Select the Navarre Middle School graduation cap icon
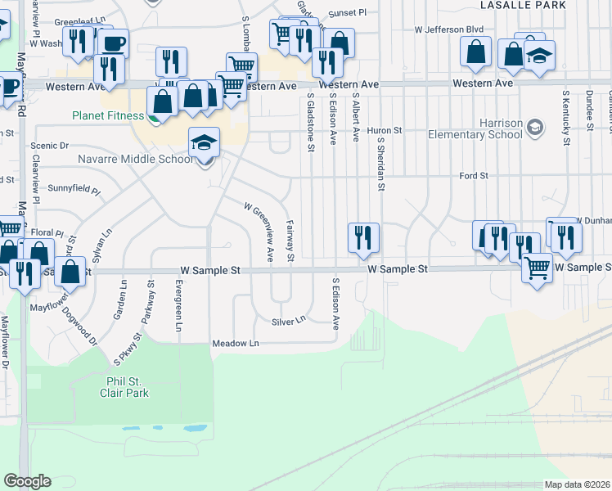[x=203, y=143]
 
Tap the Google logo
[x=26, y=481]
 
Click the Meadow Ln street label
[x=235, y=343]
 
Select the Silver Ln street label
[x=289, y=322]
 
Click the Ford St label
[x=473, y=175]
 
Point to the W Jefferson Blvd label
[x=448, y=29]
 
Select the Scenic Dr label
[x=45, y=145]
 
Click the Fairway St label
[x=290, y=241]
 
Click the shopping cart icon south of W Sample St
[x=537, y=268]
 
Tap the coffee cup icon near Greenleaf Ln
[x=114, y=43]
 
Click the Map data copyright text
[x=577, y=484]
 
